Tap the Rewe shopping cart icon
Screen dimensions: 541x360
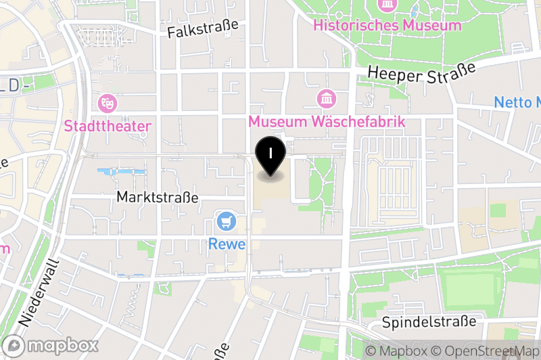click(225, 221)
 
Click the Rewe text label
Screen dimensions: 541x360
click(227, 244)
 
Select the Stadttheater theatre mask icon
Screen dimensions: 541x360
click(108, 104)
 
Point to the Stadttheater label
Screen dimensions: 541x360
click(108, 126)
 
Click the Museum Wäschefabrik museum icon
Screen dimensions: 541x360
click(327, 99)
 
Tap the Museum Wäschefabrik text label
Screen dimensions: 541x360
click(327, 122)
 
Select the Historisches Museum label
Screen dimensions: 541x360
click(387, 26)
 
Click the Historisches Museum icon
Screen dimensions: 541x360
click(388, 5)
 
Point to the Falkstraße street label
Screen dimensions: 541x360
click(203, 28)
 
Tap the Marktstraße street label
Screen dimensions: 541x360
click(158, 198)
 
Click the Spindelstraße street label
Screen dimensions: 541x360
click(433, 322)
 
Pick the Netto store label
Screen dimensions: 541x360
click(517, 103)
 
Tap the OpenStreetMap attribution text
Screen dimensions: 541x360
click(486, 351)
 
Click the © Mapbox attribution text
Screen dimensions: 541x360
click(396, 351)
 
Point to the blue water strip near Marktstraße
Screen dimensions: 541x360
click(122, 171)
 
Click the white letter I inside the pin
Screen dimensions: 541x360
click(270, 152)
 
